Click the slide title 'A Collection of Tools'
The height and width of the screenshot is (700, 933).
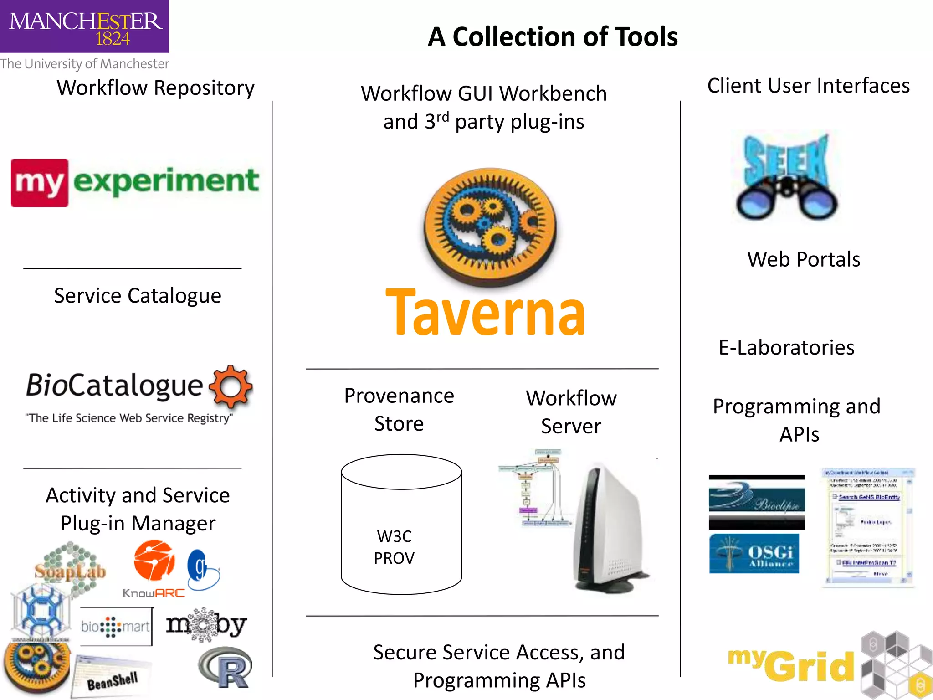click(553, 36)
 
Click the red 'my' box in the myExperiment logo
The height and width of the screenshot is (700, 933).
click(40, 183)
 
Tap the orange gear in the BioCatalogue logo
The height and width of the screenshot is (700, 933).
click(231, 386)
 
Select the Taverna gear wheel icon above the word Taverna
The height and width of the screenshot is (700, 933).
click(490, 226)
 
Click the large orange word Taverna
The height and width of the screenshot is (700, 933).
click(486, 313)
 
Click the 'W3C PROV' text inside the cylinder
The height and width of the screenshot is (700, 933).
click(394, 547)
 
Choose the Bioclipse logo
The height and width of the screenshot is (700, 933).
click(757, 502)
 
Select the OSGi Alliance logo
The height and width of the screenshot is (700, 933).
click(754, 553)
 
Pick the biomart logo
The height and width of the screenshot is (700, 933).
click(116, 627)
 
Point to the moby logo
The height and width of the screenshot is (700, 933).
click(206, 625)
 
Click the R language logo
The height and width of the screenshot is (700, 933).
click(226, 668)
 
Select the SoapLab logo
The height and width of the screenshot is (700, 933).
click(70, 570)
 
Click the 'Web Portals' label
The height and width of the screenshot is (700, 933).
click(804, 259)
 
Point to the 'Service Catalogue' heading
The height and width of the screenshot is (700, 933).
click(138, 296)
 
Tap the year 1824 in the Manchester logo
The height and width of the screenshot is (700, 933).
click(113, 39)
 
